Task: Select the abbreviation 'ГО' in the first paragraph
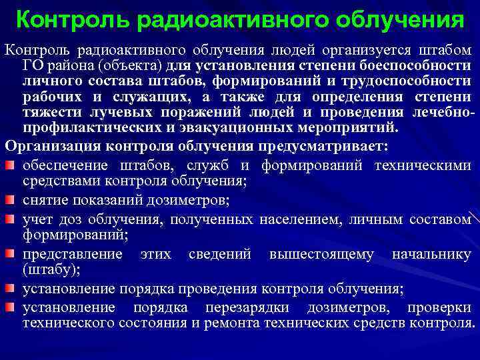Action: pyautogui.click(x=34, y=65)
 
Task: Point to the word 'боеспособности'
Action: pyautogui.click(x=417, y=65)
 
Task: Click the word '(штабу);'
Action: pyautogui.click(x=51, y=269)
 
